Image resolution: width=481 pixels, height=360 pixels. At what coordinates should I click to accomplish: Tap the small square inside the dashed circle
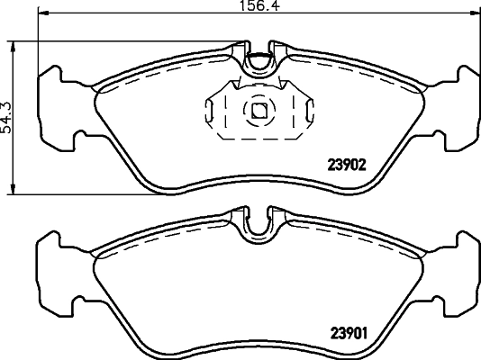click(x=259, y=111)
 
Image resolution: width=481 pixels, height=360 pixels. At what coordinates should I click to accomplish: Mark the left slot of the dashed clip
click(x=213, y=112)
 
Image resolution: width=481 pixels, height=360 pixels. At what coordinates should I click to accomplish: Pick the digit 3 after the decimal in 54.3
click(x=7, y=102)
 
